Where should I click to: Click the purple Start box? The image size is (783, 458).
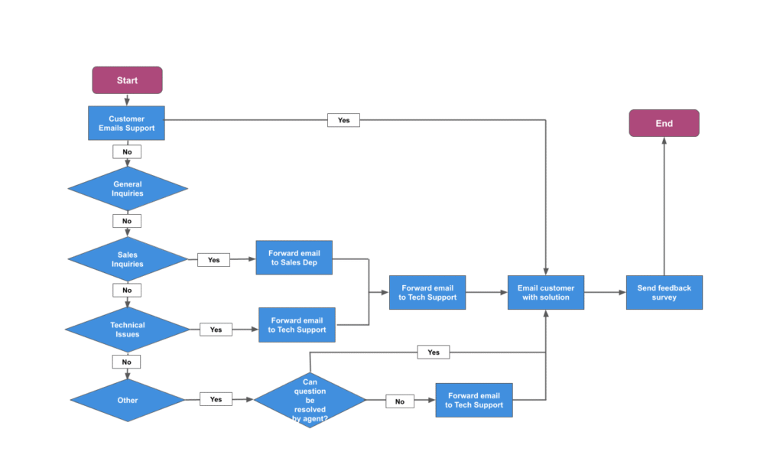(127, 80)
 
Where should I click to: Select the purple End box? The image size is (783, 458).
(664, 123)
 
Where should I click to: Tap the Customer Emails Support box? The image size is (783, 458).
(127, 124)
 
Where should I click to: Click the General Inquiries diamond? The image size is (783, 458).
(128, 189)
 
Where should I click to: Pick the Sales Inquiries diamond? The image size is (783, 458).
(128, 259)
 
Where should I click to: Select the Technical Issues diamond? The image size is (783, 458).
(128, 330)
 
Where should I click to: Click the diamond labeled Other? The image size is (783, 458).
(128, 400)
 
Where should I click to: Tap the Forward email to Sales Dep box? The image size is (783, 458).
(294, 258)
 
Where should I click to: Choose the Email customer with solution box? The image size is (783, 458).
(545, 293)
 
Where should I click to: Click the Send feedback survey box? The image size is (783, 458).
(664, 293)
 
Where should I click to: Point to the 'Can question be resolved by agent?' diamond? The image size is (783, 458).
(310, 400)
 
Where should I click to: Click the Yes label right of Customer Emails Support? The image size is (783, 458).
(343, 120)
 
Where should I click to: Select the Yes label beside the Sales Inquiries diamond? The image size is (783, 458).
(213, 260)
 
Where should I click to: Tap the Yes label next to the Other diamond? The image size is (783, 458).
(216, 399)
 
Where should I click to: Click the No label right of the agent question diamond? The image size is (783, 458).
(399, 401)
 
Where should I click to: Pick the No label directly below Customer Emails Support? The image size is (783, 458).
(127, 152)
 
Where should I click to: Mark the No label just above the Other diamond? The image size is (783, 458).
(127, 362)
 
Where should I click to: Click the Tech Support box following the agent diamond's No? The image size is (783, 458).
(474, 400)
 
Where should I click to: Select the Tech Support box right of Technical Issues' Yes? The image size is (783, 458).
(297, 325)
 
